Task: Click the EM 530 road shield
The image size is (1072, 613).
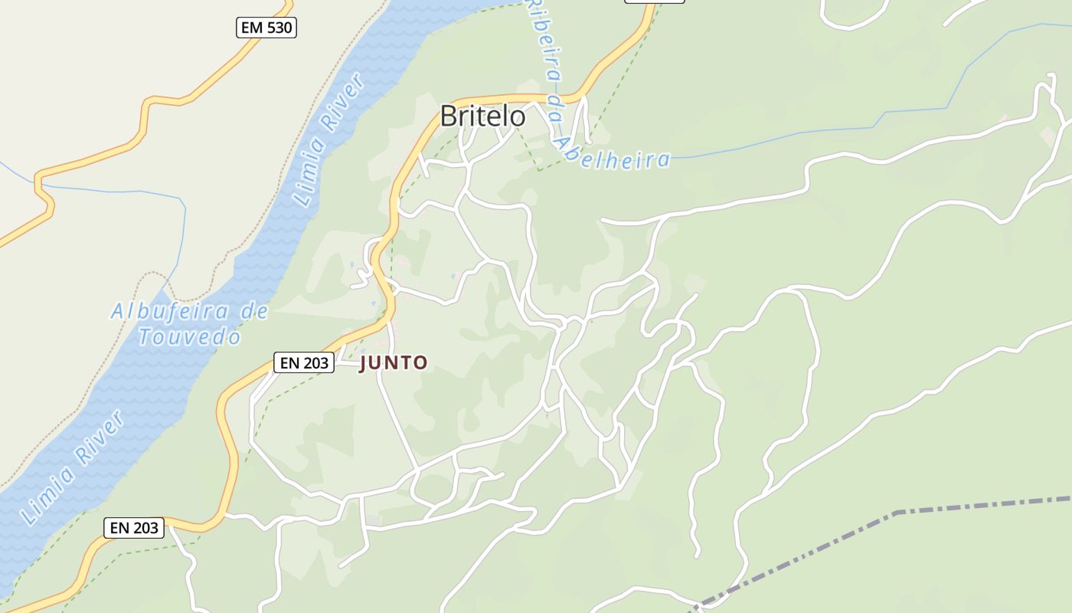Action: [x=266, y=28]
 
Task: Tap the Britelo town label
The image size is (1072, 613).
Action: [x=482, y=116]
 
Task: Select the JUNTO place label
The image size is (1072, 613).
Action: [x=394, y=363]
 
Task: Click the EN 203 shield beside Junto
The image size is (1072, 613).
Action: [x=304, y=363]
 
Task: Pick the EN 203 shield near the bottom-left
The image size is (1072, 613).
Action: [x=134, y=527]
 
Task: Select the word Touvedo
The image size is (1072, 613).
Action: [x=190, y=336]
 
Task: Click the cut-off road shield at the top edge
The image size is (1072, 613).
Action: [x=654, y=2]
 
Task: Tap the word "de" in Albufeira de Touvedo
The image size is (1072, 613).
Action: [x=253, y=311]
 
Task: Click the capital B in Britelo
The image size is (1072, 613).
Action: [x=449, y=116]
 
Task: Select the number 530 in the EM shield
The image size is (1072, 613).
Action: [x=277, y=28]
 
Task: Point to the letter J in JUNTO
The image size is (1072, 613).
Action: [x=364, y=363]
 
